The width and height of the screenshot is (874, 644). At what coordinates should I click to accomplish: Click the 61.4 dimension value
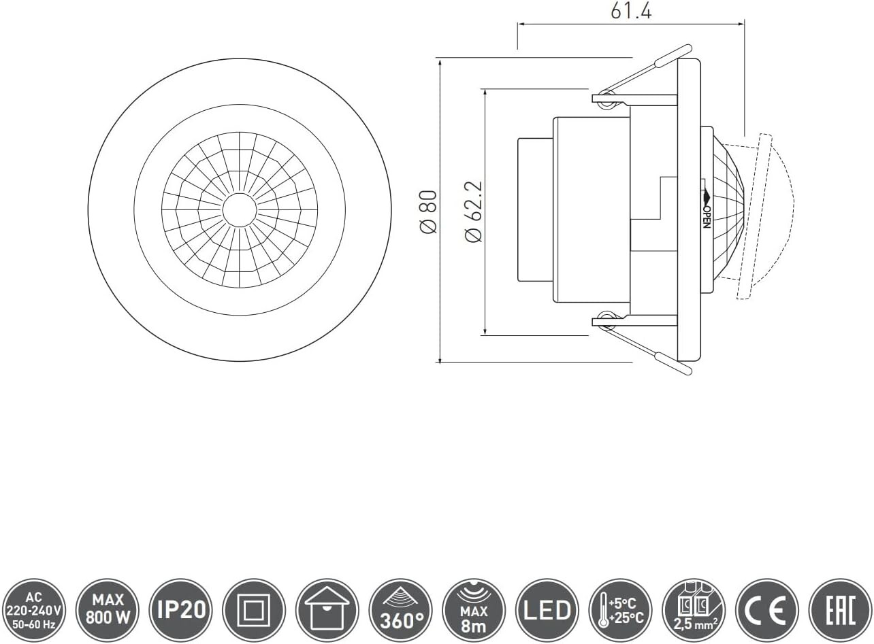[x=630, y=11]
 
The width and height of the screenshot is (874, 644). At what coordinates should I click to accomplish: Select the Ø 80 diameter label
[x=429, y=212]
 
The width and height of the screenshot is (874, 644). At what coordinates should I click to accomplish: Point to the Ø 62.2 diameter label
[x=473, y=211]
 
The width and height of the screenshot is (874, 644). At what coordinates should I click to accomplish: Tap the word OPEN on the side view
[x=707, y=216]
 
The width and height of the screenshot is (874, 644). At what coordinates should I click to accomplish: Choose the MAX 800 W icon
[x=108, y=610]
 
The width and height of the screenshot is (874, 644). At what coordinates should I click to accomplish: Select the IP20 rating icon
[x=180, y=610]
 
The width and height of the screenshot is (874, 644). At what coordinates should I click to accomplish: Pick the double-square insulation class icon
[x=254, y=610]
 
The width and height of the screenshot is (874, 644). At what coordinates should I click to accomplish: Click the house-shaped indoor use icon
[x=327, y=610]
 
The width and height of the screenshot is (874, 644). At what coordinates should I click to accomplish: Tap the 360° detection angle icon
[x=400, y=610]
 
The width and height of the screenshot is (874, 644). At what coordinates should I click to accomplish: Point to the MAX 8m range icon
[x=474, y=610]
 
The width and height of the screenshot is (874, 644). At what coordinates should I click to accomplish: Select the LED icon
[x=547, y=610]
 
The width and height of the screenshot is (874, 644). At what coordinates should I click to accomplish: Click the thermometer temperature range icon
[x=620, y=610]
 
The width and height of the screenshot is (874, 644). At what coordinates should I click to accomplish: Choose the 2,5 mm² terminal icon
[x=694, y=610]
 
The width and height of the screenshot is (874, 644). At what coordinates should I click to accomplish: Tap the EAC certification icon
[x=840, y=610]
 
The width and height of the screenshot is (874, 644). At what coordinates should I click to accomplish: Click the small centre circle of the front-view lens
[x=240, y=209]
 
